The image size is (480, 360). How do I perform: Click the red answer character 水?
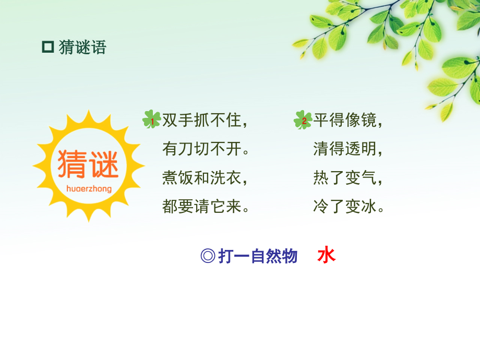click(327, 256)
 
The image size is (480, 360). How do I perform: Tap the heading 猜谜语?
click(82, 47)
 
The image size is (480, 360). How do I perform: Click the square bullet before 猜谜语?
click(48, 47)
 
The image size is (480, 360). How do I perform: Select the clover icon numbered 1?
click(151, 120)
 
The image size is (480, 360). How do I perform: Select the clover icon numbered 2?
click(303, 120)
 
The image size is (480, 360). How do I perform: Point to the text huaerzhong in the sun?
click(89, 188)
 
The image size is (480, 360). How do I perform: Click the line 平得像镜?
click(347, 121)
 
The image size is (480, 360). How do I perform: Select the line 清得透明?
click(347, 149)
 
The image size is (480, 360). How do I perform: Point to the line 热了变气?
click(347, 178)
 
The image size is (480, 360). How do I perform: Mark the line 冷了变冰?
click(347, 207)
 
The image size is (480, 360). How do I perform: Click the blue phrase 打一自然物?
click(258, 256)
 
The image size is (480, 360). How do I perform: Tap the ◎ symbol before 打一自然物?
click(208, 256)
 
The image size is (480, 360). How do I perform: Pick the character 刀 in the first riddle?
click(186, 149)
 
